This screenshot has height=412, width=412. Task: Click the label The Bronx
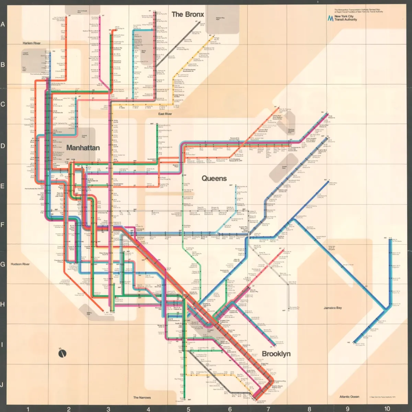point(187,14)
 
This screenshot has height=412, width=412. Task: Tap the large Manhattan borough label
point(83,148)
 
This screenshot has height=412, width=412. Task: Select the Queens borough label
point(214,178)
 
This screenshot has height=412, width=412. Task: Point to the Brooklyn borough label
point(276,354)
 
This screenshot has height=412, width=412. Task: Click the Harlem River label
point(32,43)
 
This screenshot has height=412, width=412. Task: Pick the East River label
point(165,114)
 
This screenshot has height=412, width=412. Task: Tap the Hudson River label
point(20,264)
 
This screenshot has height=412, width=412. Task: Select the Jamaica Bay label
point(333,308)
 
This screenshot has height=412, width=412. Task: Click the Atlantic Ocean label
point(349,397)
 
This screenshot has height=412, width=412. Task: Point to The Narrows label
point(142,398)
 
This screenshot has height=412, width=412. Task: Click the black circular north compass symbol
point(62,353)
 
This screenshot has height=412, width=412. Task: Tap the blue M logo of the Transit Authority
point(330,18)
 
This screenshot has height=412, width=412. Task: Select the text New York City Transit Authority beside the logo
point(345,18)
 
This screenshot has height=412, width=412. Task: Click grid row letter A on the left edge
point(3,24)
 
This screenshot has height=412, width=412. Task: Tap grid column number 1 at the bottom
point(28,409)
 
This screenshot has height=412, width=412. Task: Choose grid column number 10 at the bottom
point(387,409)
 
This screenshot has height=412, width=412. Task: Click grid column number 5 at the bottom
point(188,409)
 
